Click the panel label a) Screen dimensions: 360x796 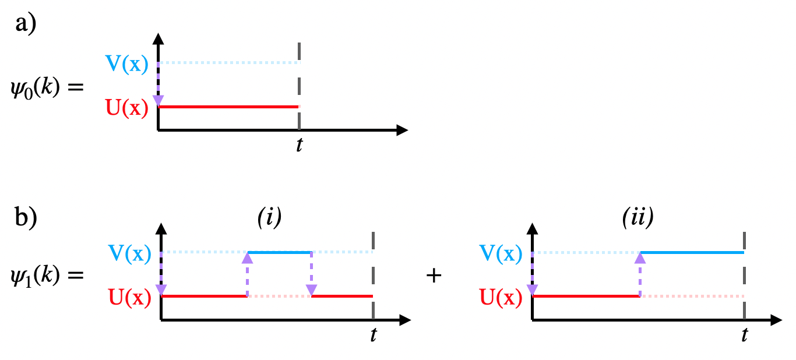[26, 26]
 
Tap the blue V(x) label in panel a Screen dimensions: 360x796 [126, 63]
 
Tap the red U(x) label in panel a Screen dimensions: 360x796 [126, 108]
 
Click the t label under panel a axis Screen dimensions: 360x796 [299, 145]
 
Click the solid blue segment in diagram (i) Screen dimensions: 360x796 [280, 253]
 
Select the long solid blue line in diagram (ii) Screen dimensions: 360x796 [692, 253]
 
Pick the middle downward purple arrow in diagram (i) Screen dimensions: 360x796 [312, 274]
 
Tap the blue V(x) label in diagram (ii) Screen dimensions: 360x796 [499, 253]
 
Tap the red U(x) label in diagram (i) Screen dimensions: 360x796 [129, 298]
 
